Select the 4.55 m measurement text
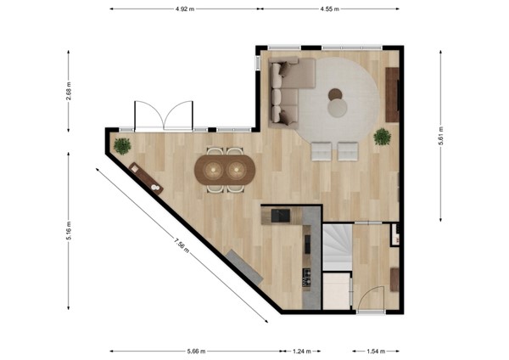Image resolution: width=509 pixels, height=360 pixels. [330, 8]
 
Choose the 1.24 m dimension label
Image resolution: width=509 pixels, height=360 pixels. [303, 350]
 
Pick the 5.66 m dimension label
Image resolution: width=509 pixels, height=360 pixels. [195, 350]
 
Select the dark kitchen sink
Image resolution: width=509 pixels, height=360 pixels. [280, 217]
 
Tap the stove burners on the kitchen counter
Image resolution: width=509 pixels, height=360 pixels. [307, 275]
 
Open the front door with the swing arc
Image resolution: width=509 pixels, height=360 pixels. [370, 299]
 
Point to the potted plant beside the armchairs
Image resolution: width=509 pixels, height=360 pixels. [382, 136]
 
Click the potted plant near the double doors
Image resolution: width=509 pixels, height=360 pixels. [122, 145]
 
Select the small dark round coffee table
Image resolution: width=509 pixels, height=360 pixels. [336, 94]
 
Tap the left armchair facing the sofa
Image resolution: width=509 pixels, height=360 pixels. [322, 151]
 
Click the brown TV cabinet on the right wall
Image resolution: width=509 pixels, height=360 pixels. [392, 94]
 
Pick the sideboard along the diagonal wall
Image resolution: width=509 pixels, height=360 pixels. [145, 177]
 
